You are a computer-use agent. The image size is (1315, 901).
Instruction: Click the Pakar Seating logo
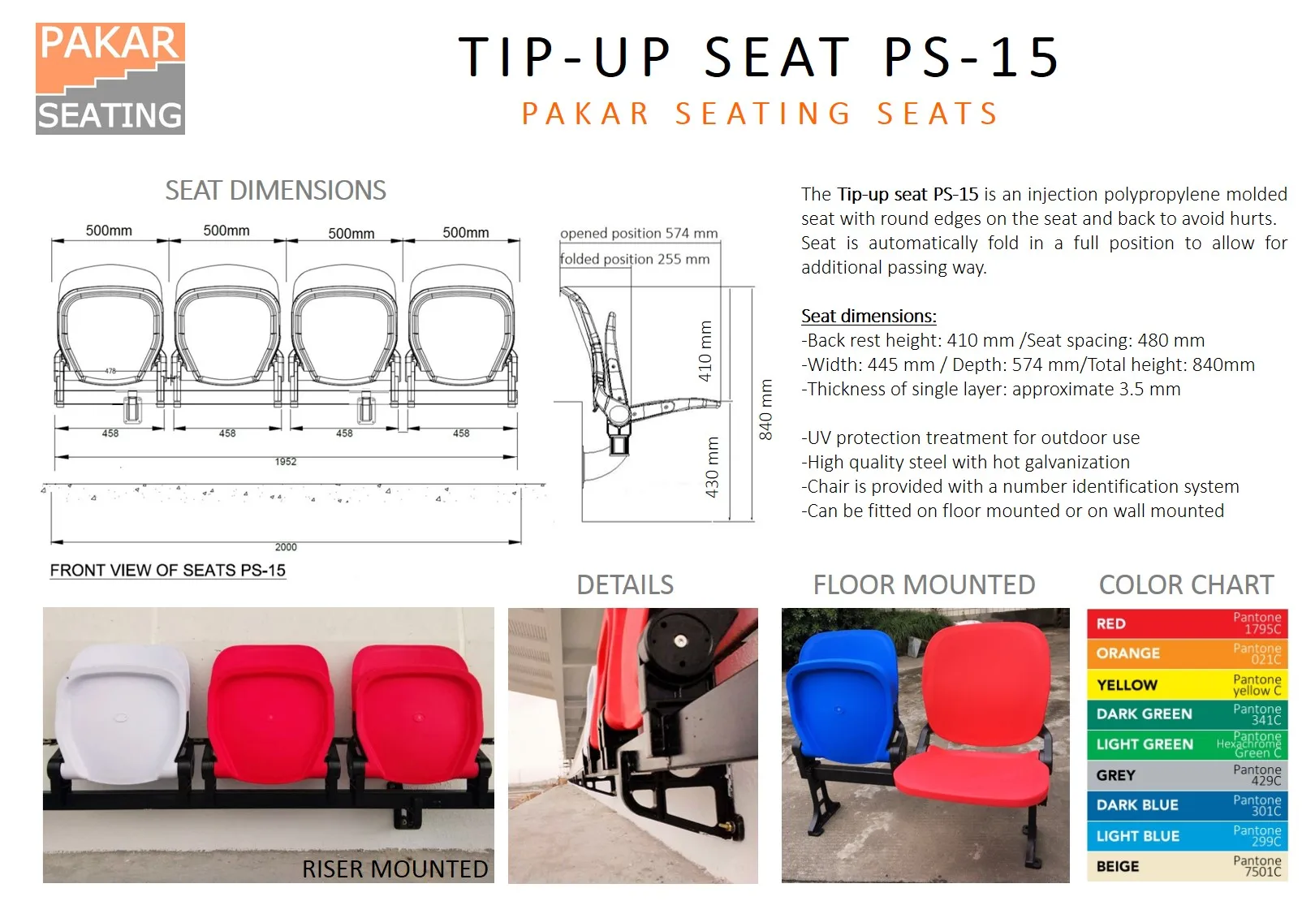click(110, 79)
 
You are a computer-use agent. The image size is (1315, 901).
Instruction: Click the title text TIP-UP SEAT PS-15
click(759, 58)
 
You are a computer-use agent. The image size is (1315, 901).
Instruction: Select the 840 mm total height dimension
click(765, 409)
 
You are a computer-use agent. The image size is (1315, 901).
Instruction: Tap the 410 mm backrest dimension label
click(705, 351)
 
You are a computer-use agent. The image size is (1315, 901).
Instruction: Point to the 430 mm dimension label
click(712, 467)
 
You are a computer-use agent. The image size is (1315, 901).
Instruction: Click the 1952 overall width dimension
click(285, 462)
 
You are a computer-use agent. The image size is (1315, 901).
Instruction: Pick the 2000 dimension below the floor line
click(285, 547)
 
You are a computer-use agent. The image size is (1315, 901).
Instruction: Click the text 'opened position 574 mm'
click(639, 233)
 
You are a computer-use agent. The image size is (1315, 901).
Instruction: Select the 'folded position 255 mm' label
click(635, 259)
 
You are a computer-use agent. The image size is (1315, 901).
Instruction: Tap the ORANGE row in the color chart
click(1187, 653)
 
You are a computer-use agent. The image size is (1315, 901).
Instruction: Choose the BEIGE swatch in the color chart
click(1187, 866)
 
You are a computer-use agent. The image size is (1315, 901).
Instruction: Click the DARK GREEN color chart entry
click(1187, 714)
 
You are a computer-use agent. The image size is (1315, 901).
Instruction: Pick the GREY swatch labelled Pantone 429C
click(1187, 775)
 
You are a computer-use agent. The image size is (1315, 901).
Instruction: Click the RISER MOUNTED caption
click(394, 869)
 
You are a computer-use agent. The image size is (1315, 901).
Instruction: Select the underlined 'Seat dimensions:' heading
click(869, 316)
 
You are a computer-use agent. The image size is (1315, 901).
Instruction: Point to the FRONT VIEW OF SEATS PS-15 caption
click(167, 571)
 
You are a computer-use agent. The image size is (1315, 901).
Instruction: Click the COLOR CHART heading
click(1186, 584)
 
